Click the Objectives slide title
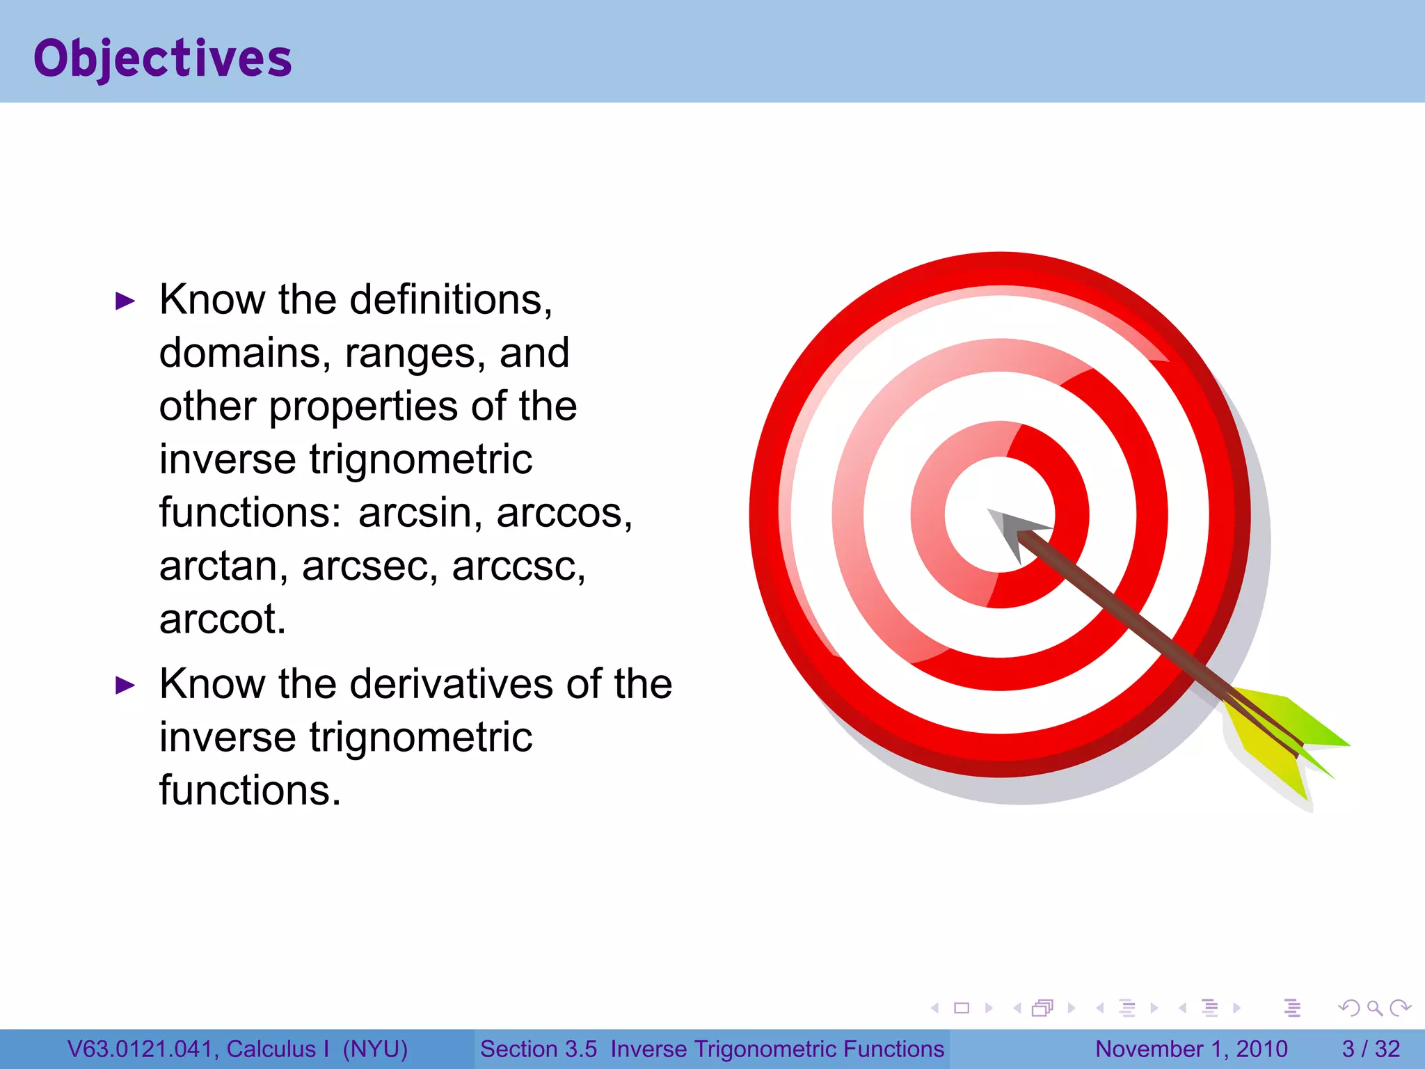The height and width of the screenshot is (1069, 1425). [x=163, y=58]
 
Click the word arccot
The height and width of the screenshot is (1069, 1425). [x=221, y=619]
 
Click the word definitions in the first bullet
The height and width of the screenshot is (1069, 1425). [x=449, y=300]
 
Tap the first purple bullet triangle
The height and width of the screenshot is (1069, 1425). [x=125, y=301]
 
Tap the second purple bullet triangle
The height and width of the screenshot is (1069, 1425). [x=125, y=686]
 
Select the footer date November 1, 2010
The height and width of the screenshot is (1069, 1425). [x=1191, y=1049]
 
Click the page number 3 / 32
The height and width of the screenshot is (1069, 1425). [x=1370, y=1049]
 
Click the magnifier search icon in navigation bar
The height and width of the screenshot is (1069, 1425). [x=1374, y=1008]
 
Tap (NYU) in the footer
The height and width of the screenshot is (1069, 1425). [x=375, y=1049]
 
